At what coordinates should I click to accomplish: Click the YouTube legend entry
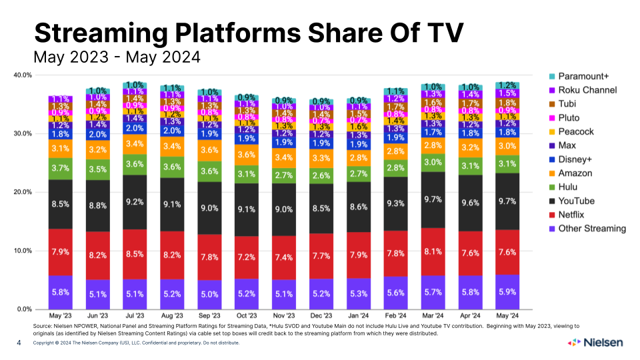tap(577, 201)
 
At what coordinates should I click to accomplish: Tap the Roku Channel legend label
tap(587, 90)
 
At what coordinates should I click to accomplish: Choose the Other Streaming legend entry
tap(592, 229)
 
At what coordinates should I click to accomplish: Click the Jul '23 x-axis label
tap(134, 315)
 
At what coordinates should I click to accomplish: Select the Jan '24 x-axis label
tap(359, 315)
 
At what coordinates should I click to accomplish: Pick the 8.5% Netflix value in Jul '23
tap(134, 254)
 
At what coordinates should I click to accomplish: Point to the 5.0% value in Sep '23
tap(209, 294)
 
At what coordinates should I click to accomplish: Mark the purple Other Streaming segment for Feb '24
tap(397, 293)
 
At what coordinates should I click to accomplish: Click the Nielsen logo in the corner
tap(595, 343)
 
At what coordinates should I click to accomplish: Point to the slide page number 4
tap(19, 343)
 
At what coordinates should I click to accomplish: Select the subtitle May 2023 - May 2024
tap(117, 57)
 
